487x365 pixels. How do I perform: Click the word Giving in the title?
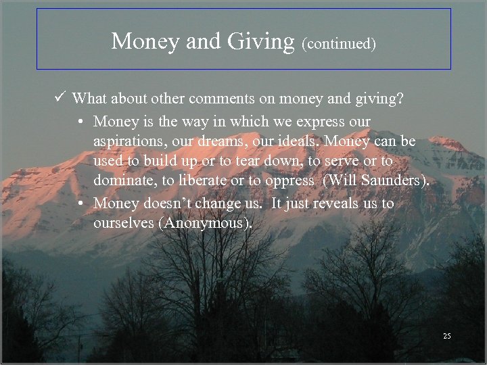(x=260, y=42)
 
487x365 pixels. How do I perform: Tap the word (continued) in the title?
(x=339, y=44)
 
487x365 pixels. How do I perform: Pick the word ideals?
(x=304, y=142)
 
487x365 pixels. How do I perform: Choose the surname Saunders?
(x=392, y=181)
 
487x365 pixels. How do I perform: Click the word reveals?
(x=325, y=203)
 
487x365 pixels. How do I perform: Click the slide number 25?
(x=446, y=336)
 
